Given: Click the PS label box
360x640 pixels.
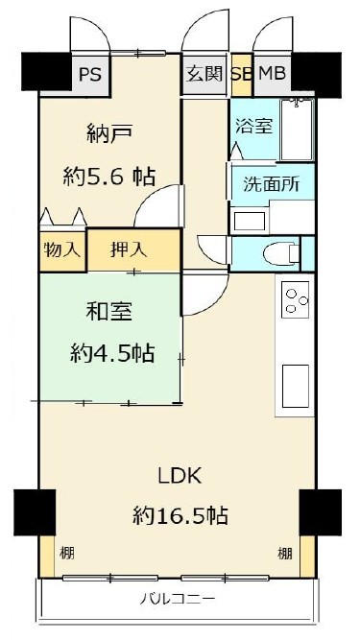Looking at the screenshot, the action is pyautogui.click(x=90, y=75).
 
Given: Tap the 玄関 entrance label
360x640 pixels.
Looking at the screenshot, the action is pyautogui.click(x=204, y=74).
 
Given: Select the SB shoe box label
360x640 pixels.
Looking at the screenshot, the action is pyautogui.click(x=241, y=74).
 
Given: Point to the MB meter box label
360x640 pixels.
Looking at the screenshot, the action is pyautogui.click(x=273, y=74).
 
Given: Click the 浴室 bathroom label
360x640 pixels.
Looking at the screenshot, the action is pyautogui.click(x=253, y=126).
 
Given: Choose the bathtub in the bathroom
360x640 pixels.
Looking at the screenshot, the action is pyautogui.click(x=298, y=130).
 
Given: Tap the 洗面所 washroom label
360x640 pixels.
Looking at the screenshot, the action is pyautogui.click(x=272, y=184).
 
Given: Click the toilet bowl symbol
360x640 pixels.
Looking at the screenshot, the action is pyautogui.click(x=281, y=254).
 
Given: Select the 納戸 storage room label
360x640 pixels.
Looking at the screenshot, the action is pyautogui.click(x=109, y=134).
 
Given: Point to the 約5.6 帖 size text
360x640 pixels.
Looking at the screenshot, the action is pyautogui.click(x=109, y=178).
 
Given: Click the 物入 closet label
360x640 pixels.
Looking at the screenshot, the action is pyautogui.click(x=61, y=249).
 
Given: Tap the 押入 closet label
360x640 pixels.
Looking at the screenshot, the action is pyautogui.click(x=129, y=249).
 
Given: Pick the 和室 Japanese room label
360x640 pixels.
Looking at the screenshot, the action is pyautogui.click(x=109, y=312).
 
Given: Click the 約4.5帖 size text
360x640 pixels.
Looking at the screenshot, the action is pyautogui.click(x=112, y=353).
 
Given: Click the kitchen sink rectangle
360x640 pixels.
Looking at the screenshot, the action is pyautogui.click(x=296, y=386).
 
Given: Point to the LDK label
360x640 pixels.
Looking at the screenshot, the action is pyautogui.click(x=180, y=476).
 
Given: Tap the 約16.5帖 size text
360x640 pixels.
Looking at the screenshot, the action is pyautogui.click(x=180, y=515).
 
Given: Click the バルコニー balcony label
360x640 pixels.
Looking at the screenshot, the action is pyautogui.click(x=178, y=599).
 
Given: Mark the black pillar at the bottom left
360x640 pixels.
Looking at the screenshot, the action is pyautogui.click(x=35, y=512).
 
